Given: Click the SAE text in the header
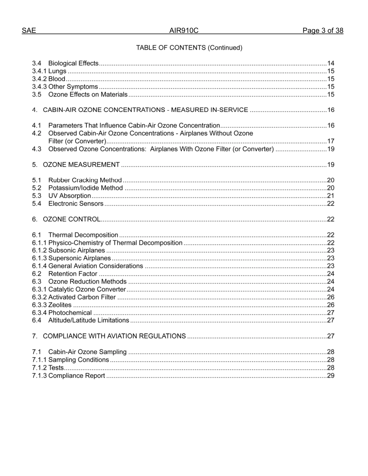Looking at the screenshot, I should click(29, 31).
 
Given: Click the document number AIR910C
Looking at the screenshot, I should click(184, 31).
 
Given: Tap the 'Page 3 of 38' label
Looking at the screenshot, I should click(323, 31).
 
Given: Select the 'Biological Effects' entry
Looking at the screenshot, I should click(73, 63).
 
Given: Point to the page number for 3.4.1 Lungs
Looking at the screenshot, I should click(330, 71).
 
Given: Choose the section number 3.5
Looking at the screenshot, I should click(37, 94).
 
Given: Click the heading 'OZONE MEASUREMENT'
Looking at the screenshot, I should click(81, 165).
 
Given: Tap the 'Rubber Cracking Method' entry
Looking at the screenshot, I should click(85, 180).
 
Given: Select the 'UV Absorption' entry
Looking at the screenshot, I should click(69, 196).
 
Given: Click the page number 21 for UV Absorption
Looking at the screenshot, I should click(330, 196).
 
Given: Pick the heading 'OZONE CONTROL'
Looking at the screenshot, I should click(71, 219).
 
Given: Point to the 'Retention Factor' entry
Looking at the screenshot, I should click(72, 274).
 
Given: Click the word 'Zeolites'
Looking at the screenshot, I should click(60, 305).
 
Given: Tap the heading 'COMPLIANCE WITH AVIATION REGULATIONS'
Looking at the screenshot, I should click(114, 336).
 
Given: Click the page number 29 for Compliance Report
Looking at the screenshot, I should click(330, 376).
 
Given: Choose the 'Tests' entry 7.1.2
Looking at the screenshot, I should click(56, 368).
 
